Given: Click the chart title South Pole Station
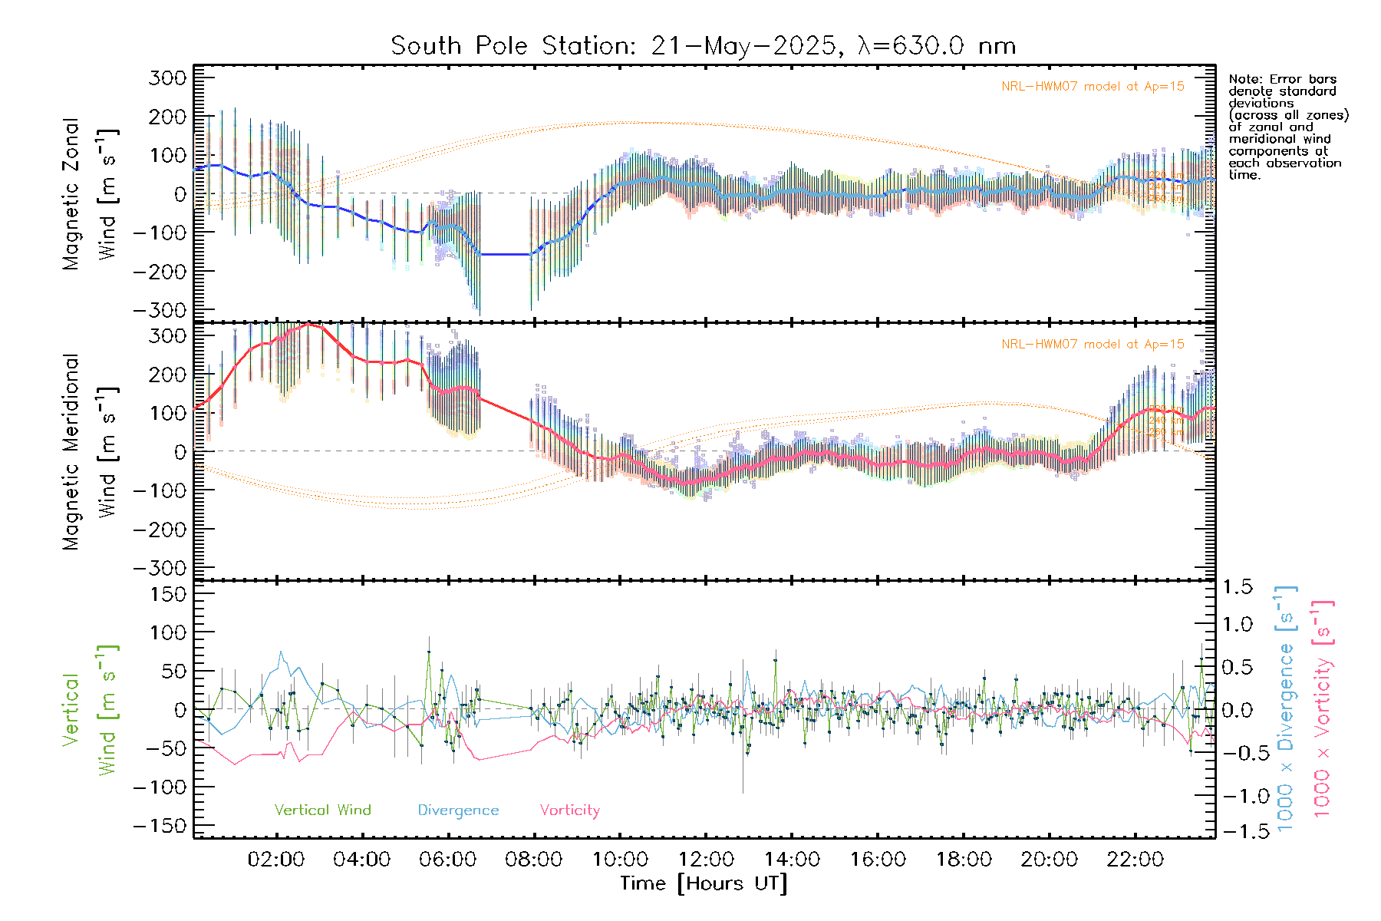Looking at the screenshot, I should click(x=703, y=46).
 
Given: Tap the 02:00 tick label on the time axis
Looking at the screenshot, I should click(x=276, y=859).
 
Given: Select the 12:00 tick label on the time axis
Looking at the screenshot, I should click(x=706, y=859).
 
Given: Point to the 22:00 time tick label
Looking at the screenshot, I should click(x=1135, y=859).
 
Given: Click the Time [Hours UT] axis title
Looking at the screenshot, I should click(x=704, y=883).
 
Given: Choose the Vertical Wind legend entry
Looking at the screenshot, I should click(x=322, y=810).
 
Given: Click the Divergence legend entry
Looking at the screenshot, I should click(x=458, y=810).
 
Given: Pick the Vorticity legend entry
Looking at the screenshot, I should click(x=569, y=810).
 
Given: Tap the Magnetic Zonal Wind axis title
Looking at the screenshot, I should click(x=91, y=193).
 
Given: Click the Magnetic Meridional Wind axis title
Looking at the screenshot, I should click(x=91, y=451).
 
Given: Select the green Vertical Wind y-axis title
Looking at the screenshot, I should click(x=91, y=710).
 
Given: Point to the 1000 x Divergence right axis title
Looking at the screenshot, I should click(x=1286, y=710).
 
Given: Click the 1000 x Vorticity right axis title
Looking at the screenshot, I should click(x=1323, y=710).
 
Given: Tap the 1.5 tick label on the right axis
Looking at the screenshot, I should click(x=1237, y=587).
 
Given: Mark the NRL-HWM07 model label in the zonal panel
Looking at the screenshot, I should click(x=1093, y=87).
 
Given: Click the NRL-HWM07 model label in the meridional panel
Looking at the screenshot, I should click(x=1093, y=345).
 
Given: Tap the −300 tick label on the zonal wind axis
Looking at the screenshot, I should click(x=160, y=310).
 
